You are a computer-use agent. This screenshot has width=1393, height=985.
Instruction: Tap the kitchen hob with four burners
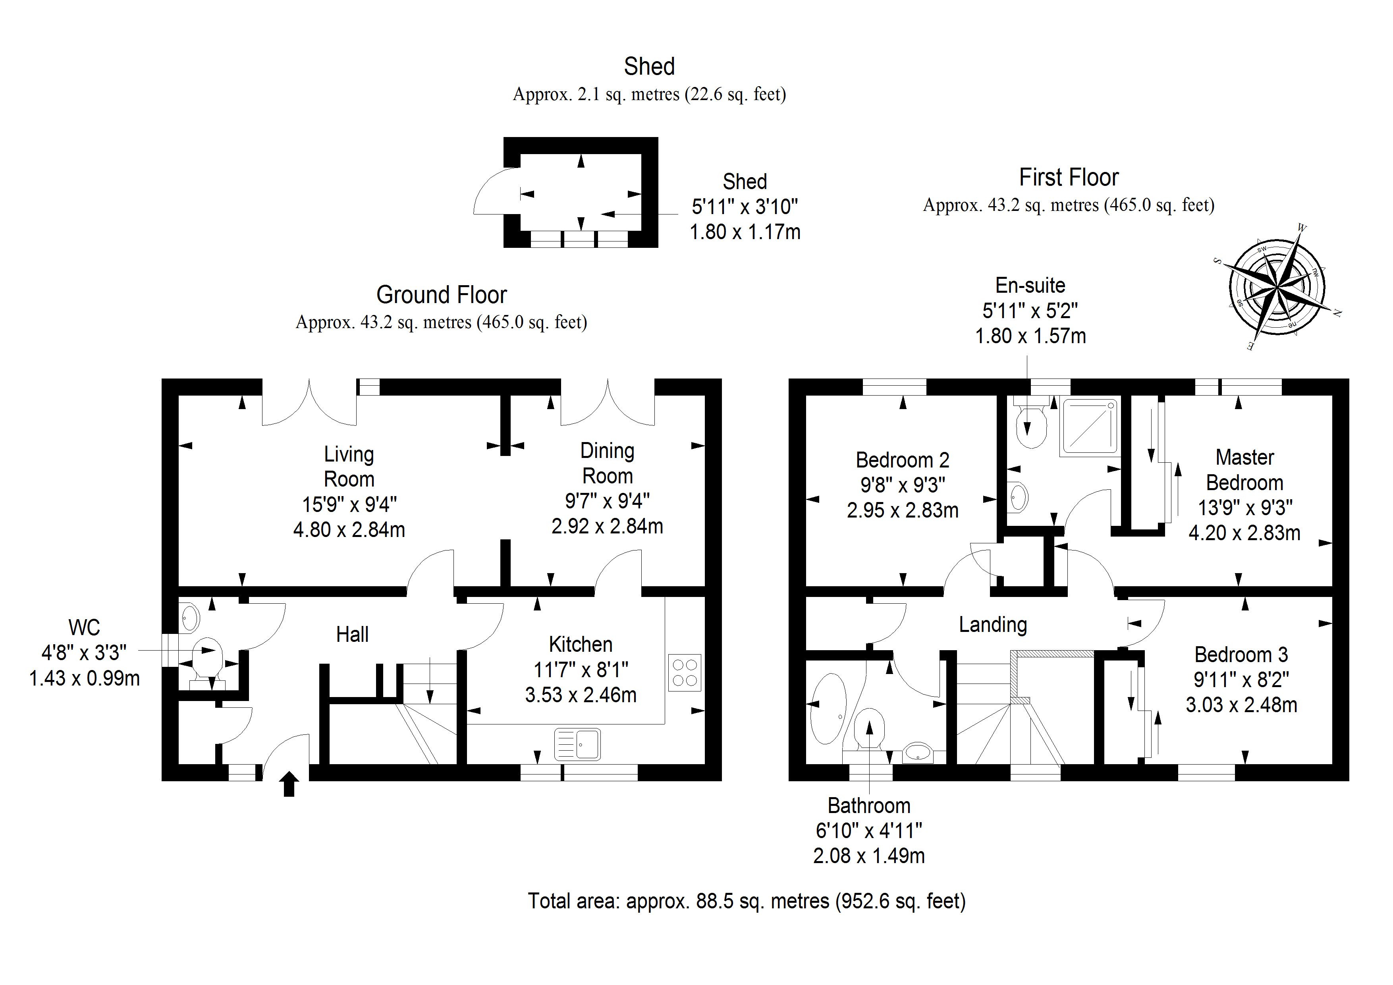coord(685,672)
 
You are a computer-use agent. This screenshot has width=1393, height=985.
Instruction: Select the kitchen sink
coord(578,744)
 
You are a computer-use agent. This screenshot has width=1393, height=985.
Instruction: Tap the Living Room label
coord(349,466)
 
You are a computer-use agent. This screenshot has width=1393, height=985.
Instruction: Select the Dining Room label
coord(607,463)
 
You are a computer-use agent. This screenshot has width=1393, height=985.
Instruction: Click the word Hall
coord(353,635)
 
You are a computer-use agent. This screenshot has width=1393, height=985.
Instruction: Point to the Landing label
coord(993,624)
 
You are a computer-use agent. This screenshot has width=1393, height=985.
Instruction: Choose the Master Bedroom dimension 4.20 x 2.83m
coord(1244,533)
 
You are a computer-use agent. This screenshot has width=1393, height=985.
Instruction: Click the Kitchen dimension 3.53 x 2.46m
coord(581,695)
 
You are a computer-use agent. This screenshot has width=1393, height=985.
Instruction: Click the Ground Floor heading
coord(441,295)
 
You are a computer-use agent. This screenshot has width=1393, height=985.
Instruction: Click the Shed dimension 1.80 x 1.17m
coord(745,232)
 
